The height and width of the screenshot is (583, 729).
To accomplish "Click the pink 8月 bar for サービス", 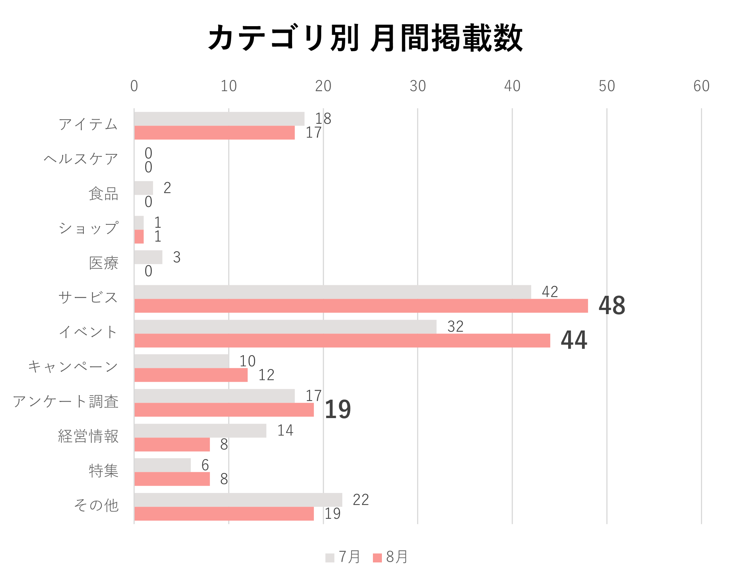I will pos(361,306).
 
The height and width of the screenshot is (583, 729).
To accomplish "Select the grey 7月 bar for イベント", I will pos(285,326).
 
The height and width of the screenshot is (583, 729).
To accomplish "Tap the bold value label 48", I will pos(612,305).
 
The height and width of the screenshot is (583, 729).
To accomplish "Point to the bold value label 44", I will pos(574,340).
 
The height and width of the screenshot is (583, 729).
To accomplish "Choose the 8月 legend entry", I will pos(390,557).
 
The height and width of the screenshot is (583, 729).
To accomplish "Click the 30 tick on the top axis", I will pos(417,86).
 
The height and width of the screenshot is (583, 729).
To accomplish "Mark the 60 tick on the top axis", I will pos(701,86).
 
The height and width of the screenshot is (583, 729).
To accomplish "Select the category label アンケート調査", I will pos(66,402).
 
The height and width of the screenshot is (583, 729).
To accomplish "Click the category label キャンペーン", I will pos(73,367).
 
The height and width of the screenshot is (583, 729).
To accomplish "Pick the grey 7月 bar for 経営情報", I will pos(200,430).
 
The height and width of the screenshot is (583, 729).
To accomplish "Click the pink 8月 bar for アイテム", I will pos(214,133).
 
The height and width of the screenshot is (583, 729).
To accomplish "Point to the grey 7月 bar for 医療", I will pos(148,257).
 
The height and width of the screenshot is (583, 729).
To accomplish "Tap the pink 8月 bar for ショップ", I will pos(139,237).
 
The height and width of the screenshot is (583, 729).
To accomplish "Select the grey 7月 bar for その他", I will pos(238,500).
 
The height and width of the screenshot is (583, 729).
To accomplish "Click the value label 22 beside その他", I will pos(361,500).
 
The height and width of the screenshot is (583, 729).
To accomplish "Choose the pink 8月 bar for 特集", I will pos(172,479).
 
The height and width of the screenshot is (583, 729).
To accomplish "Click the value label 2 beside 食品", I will pos(167,188).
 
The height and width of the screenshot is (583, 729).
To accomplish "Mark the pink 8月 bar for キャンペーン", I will pos(191,375).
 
